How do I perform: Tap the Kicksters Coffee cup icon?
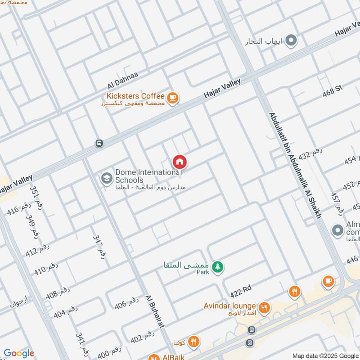172,97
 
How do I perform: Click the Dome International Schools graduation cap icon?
107,179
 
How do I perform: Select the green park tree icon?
218,267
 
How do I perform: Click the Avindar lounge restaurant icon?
264,307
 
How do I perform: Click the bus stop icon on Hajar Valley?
99,143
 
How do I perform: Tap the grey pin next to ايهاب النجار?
292,41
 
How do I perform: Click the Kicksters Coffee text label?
135,96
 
